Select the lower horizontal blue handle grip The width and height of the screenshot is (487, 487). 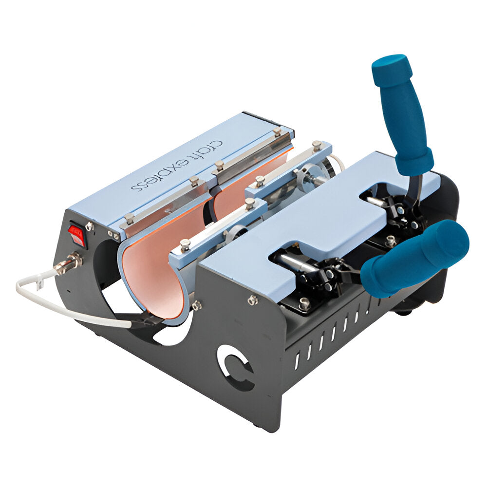414,261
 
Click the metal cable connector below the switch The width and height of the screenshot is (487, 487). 68,263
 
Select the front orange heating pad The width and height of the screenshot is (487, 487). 151,273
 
